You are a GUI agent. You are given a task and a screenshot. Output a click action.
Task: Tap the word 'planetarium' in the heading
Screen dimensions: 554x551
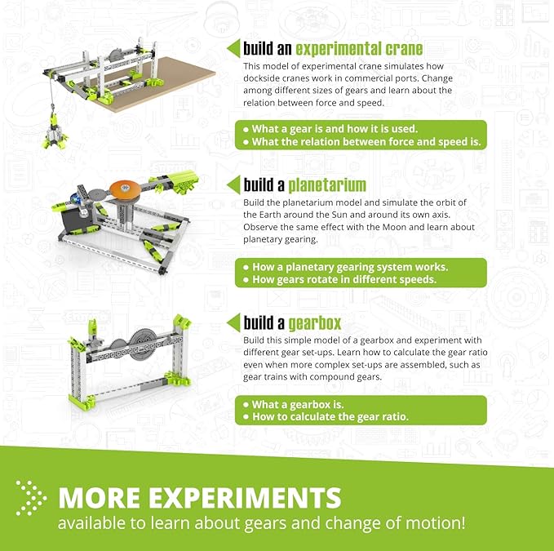click(327, 185)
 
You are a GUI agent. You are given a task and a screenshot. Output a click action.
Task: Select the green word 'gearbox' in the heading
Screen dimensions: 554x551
click(315, 323)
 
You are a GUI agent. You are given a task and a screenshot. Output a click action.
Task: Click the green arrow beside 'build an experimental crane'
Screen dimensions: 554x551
click(233, 48)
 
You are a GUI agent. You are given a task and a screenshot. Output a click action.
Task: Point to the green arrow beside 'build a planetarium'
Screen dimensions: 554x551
click(233, 184)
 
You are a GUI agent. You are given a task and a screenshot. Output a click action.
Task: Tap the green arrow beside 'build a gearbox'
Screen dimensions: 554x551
click(233, 322)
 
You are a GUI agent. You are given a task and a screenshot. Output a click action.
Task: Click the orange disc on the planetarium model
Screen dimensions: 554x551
click(125, 189)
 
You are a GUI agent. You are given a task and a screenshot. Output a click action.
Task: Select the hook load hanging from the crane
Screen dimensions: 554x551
click(55, 131)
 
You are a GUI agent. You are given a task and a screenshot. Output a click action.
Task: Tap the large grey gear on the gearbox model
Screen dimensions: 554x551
click(143, 342)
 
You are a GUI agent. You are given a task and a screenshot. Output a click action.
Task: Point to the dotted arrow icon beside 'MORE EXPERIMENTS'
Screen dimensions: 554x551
click(31, 498)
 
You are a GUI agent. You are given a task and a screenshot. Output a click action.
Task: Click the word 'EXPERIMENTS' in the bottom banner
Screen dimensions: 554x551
click(245, 498)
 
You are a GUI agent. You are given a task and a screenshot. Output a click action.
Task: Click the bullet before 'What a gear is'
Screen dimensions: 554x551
click(246, 130)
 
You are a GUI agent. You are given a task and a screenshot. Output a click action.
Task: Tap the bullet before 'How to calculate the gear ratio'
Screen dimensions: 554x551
click(246, 417)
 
